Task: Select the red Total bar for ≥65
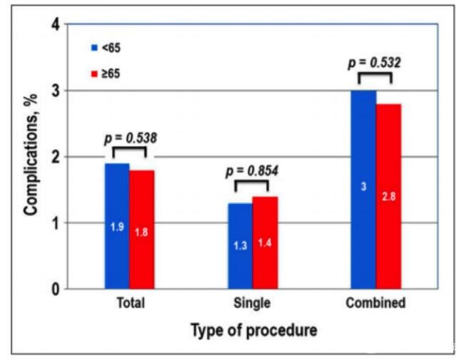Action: (x=141, y=229)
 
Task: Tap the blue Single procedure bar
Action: (x=240, y=245)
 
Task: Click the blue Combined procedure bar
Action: (x=363, y=189)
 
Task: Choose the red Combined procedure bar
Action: (x=389, y=196)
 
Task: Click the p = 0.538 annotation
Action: (x=130, y=138)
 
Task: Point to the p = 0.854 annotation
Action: (x=252, y=171)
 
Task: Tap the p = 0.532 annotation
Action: (x=375, y=63)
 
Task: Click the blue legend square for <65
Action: (x=93, y=48)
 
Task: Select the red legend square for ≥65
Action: (x=93, y=73)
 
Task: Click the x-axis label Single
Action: (x=252, y=303)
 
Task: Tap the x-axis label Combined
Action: (x=375, y=303)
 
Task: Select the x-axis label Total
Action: (x=130, y=303)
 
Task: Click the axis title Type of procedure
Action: (x=253, y=331)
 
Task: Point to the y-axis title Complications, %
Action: (x=31, y=156)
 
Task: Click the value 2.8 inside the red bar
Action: (x=389, y=196)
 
